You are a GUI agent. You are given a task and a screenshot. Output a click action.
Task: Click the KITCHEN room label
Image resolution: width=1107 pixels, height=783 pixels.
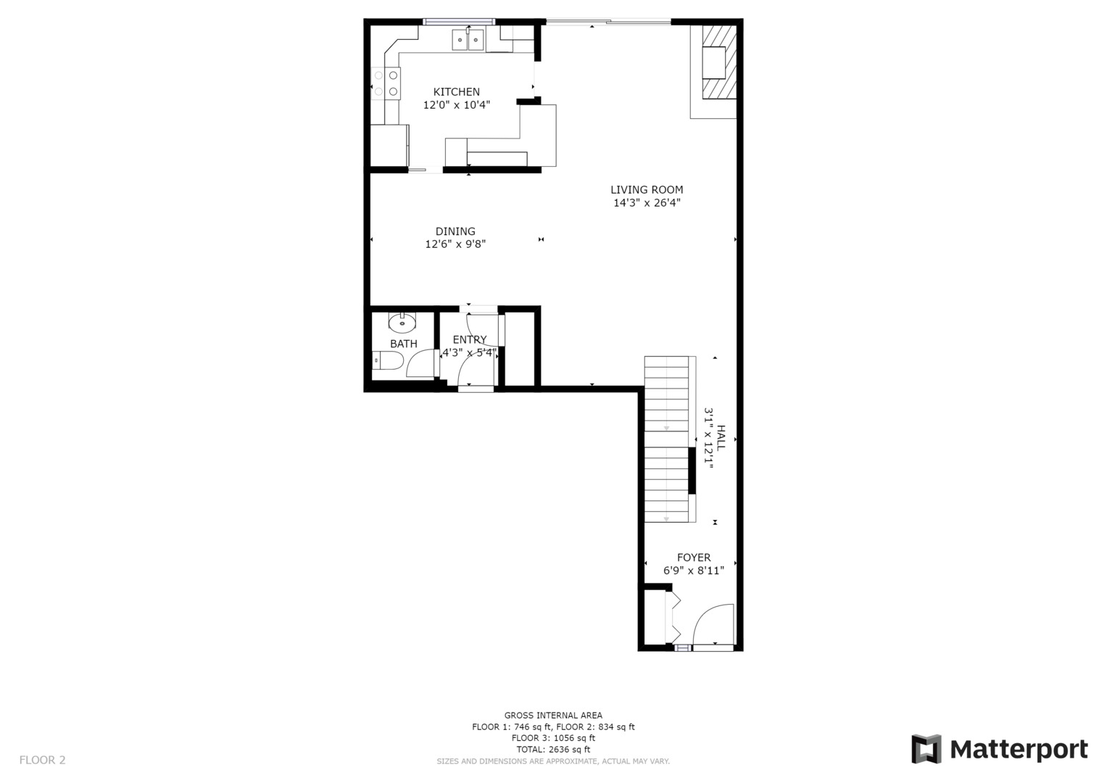click(456, 92)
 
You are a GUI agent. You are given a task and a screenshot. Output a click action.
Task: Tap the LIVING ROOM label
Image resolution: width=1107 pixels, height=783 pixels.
click(646, 190)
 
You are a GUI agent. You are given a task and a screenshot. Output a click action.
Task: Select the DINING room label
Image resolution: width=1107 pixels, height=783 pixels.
click(455, 231)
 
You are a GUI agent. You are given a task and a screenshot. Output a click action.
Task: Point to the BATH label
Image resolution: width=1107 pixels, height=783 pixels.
click(403, 344)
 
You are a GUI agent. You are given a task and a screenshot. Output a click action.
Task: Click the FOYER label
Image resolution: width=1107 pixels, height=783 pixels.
click(694, 558)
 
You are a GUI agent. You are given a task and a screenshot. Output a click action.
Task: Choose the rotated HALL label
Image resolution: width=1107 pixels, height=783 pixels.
click(721, 438)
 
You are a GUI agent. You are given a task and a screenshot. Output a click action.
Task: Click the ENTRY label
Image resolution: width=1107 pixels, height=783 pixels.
click(470, 339)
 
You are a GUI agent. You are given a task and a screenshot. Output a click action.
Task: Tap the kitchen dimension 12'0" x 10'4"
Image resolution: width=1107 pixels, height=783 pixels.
click(456, 105)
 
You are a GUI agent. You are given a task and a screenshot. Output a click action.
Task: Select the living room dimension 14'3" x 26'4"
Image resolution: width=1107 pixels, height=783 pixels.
click(647, 203)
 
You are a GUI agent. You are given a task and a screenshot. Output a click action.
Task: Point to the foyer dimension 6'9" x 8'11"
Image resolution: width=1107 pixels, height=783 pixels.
click(694, 571)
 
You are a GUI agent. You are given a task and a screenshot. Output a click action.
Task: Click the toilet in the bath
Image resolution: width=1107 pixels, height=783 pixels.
click(387, 360)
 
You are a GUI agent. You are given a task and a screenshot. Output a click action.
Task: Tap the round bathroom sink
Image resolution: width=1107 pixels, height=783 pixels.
click(402, 321)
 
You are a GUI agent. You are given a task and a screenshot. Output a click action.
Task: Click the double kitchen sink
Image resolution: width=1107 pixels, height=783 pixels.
click(468, 40)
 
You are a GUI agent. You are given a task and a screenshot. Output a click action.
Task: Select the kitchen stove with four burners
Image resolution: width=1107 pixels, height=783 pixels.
click(386, 83)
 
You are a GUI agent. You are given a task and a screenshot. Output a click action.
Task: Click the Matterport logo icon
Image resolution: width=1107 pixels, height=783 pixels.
click(926, 749)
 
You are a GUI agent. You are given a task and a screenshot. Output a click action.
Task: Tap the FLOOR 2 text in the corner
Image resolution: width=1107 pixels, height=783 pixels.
click(42, 760)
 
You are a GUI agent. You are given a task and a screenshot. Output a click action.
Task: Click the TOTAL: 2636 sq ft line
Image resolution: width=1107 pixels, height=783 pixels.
click(552, 750)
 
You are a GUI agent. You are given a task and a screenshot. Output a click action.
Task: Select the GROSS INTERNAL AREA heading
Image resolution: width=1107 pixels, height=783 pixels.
click(552, 716)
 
